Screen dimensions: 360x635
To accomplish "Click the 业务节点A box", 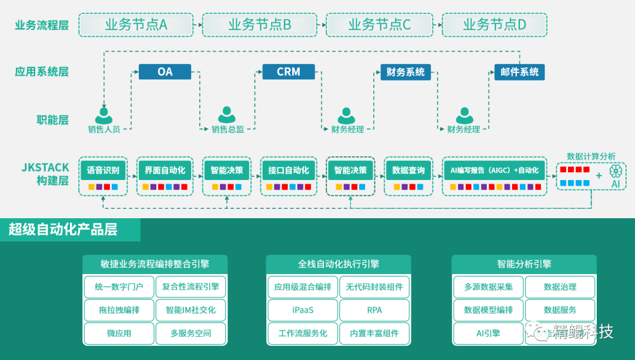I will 136,25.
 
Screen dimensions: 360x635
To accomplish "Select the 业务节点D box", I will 494,25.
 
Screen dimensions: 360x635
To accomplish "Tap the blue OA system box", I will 165,72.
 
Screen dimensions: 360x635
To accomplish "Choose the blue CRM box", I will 288,72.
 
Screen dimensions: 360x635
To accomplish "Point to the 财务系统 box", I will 405,72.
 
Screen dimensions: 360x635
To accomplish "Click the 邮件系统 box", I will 519,72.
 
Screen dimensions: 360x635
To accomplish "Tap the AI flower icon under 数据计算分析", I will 616,172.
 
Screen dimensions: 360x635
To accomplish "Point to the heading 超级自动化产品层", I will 63,229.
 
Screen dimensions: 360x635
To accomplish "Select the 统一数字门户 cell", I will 119,287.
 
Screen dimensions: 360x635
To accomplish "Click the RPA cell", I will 374,310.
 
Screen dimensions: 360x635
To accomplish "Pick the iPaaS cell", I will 303,310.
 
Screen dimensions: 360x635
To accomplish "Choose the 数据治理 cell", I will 560,287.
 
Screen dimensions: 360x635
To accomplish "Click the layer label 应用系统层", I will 42,72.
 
